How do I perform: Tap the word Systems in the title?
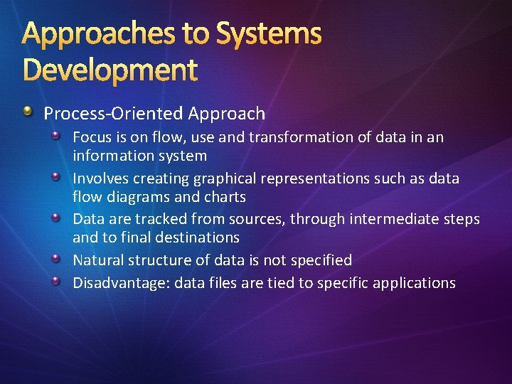[x=269, y=33]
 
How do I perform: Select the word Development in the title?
[x=110, y=70]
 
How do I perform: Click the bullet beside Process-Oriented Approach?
[x=27, y=112]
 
